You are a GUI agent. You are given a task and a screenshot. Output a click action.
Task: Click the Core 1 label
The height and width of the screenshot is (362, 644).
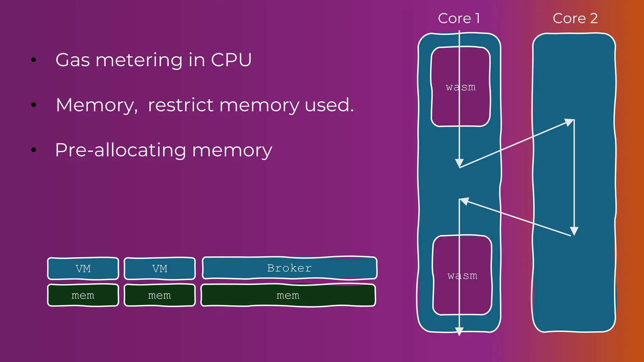pos(459,18)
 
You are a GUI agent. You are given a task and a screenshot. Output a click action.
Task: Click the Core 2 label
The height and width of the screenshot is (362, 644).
pos(575,18)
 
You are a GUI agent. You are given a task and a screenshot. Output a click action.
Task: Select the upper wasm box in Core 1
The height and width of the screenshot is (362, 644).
pos(461,87)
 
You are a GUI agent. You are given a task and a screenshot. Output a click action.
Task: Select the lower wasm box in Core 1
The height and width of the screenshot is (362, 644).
pos(462,275)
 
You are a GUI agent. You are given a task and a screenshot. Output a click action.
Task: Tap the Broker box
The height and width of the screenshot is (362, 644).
pos(289,268)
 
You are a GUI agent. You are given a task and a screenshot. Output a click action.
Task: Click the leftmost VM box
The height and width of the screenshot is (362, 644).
pos(83,269)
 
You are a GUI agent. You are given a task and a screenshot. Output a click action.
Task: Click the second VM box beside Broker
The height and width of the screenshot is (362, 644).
pos(160,269)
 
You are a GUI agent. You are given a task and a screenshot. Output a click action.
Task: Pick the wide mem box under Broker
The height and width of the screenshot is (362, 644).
pos(288,295)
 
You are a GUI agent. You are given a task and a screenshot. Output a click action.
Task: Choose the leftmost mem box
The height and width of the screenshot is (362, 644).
pos(83,295)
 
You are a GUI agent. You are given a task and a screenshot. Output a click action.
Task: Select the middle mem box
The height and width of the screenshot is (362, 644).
pos(160,295)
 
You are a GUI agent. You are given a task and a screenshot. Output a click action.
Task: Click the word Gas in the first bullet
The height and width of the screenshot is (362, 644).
pos(73,60)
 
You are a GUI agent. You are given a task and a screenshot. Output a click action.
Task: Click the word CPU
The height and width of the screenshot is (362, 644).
pos(231,60)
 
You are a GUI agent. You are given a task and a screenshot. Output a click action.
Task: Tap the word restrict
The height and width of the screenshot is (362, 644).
pos(180,105)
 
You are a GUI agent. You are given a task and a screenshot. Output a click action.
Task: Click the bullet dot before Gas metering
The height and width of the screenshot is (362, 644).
pos(34,60)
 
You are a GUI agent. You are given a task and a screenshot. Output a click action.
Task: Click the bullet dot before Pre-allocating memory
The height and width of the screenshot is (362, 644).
pos(34,150)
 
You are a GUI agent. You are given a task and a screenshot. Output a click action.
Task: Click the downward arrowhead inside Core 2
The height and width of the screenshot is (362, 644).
pos(574,231)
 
